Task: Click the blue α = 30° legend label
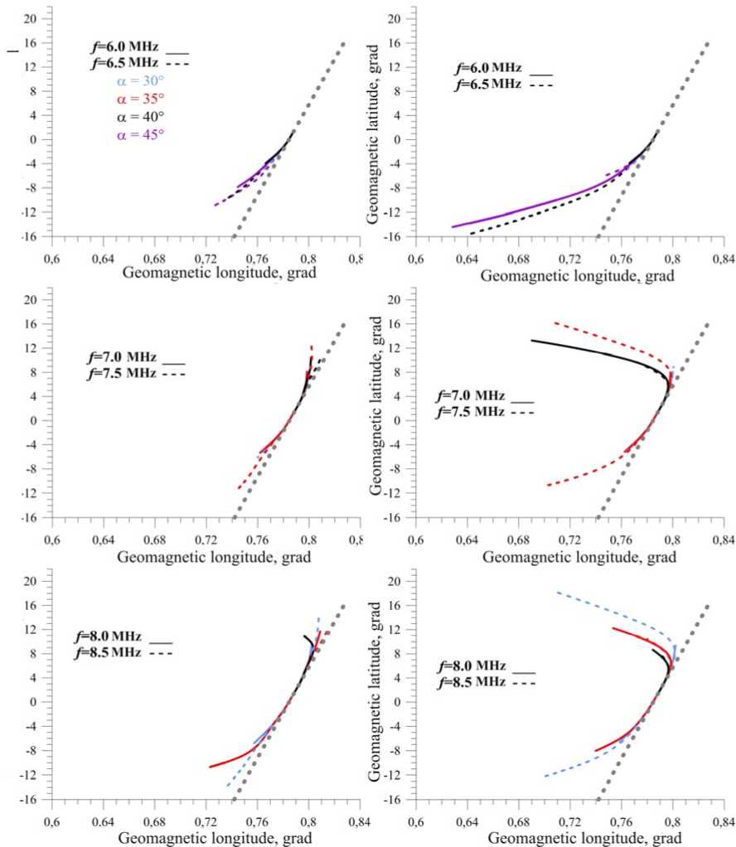click(138, 80)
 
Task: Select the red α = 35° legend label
click(138, 99)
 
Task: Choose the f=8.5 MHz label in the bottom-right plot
click(471, 681)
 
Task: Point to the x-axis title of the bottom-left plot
click(214, 837)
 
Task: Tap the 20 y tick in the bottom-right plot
click(395, 581)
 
